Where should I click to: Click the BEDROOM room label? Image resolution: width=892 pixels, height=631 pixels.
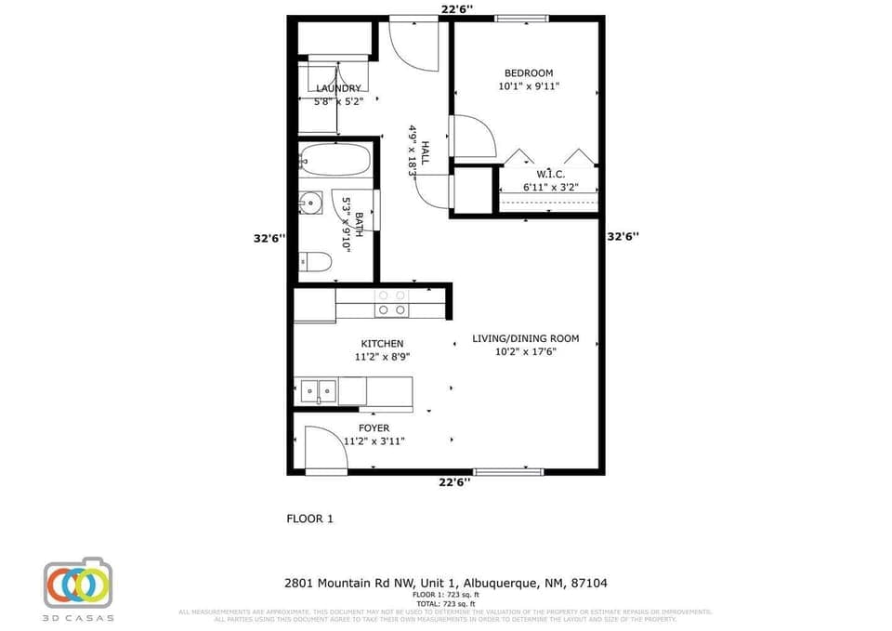[x=529, y=73]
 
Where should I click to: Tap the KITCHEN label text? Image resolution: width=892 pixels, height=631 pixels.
[x=382, y=344]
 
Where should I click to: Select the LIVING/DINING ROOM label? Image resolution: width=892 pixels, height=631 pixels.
[x=525, y=338]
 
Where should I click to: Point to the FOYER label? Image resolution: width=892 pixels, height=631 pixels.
[x=374, y=428]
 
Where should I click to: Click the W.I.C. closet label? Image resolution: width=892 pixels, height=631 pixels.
[x=551, y=175]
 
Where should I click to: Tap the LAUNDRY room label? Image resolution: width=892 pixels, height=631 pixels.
[x=338, y=88]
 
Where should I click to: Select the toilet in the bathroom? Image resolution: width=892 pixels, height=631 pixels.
[x=315, y=262]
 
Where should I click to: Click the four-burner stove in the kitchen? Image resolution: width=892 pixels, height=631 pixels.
[x=390, y=302]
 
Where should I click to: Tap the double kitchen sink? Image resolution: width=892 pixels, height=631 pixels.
[x=318, y=390]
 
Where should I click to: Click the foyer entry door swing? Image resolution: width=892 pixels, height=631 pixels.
[x=323, y=449]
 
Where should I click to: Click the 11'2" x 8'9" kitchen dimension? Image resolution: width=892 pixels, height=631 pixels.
[x=382, y=357]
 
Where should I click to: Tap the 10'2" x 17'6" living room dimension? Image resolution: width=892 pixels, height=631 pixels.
[x=525, y=351]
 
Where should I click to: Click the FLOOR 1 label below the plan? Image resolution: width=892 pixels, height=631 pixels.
[x=309, y=519]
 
